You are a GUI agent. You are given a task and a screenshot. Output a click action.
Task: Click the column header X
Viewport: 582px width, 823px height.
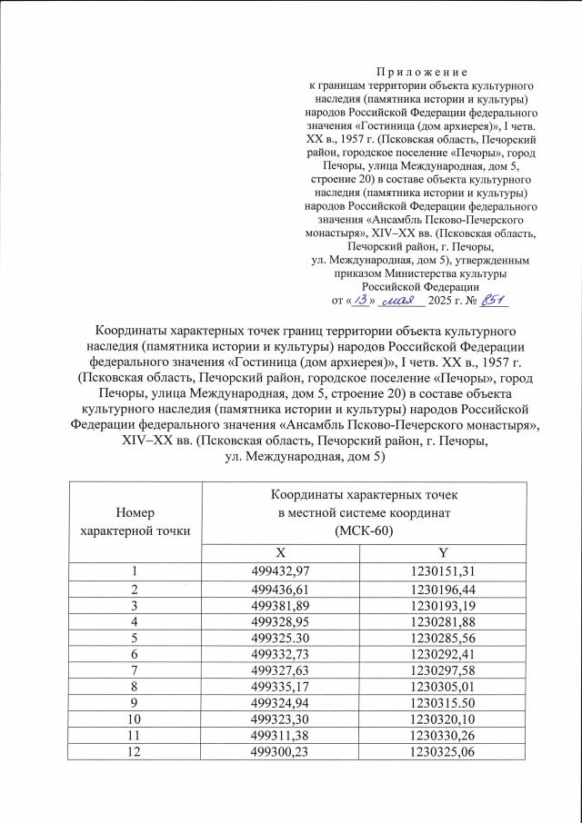[x=291, y=552]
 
